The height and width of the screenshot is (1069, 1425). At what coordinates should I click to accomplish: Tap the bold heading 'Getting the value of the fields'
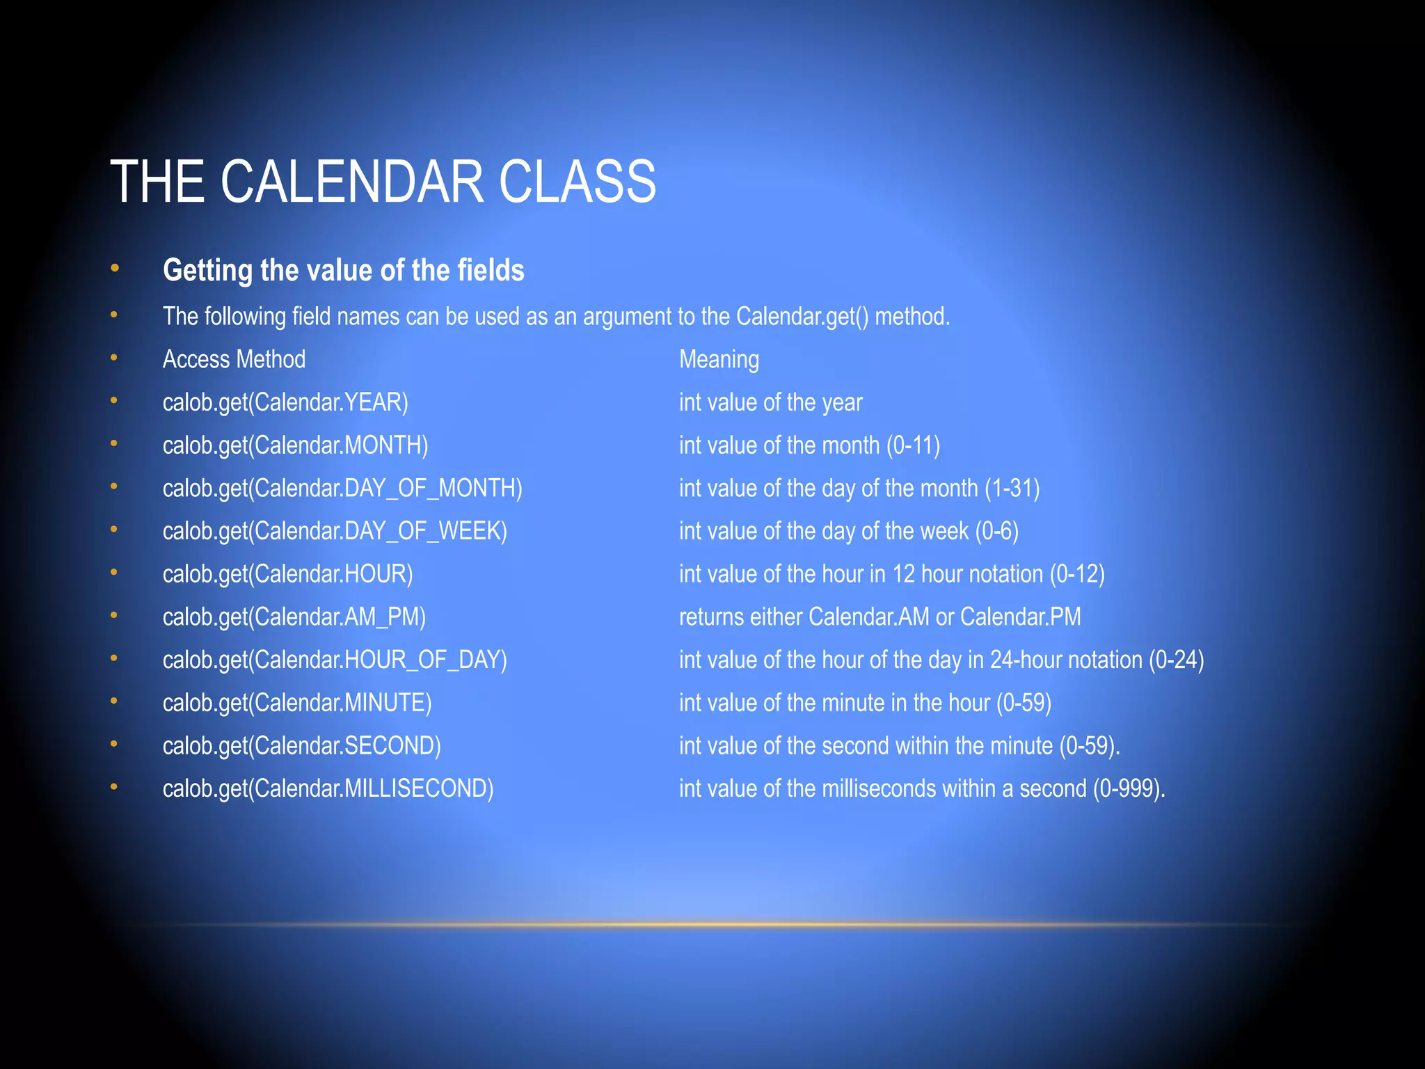(343, 270)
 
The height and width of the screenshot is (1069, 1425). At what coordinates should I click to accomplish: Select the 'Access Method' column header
(234, 359)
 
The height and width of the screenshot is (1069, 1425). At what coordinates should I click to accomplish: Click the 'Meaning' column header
(719, 359)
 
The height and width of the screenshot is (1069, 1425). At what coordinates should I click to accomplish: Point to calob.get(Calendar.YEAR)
(285, 402)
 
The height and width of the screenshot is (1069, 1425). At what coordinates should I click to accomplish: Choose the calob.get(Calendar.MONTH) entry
(295, 445)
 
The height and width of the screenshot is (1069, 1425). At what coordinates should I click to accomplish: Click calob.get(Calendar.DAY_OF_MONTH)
(342, 488)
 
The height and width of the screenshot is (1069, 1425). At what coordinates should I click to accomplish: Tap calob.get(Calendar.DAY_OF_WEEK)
(335, 531)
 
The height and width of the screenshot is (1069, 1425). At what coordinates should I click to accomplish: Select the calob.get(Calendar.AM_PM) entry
(294, 617)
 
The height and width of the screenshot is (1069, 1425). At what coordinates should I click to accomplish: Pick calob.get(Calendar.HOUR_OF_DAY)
(335, 660)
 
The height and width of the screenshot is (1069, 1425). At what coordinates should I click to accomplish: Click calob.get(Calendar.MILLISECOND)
(328, 789)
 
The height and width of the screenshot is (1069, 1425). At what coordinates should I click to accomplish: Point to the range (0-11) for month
(913, 445)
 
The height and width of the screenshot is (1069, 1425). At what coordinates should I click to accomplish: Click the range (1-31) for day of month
(1012, 488)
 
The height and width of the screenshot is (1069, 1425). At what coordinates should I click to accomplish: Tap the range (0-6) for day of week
(996, 531)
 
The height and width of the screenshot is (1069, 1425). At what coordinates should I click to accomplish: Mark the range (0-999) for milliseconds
(1128, 789)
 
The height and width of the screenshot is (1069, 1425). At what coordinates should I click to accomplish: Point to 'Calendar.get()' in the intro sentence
(802, 317)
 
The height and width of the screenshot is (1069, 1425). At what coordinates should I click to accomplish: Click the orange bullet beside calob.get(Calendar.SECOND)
(114, 744)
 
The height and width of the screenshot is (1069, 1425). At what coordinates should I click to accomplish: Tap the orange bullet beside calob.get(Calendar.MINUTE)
(114, 701)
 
